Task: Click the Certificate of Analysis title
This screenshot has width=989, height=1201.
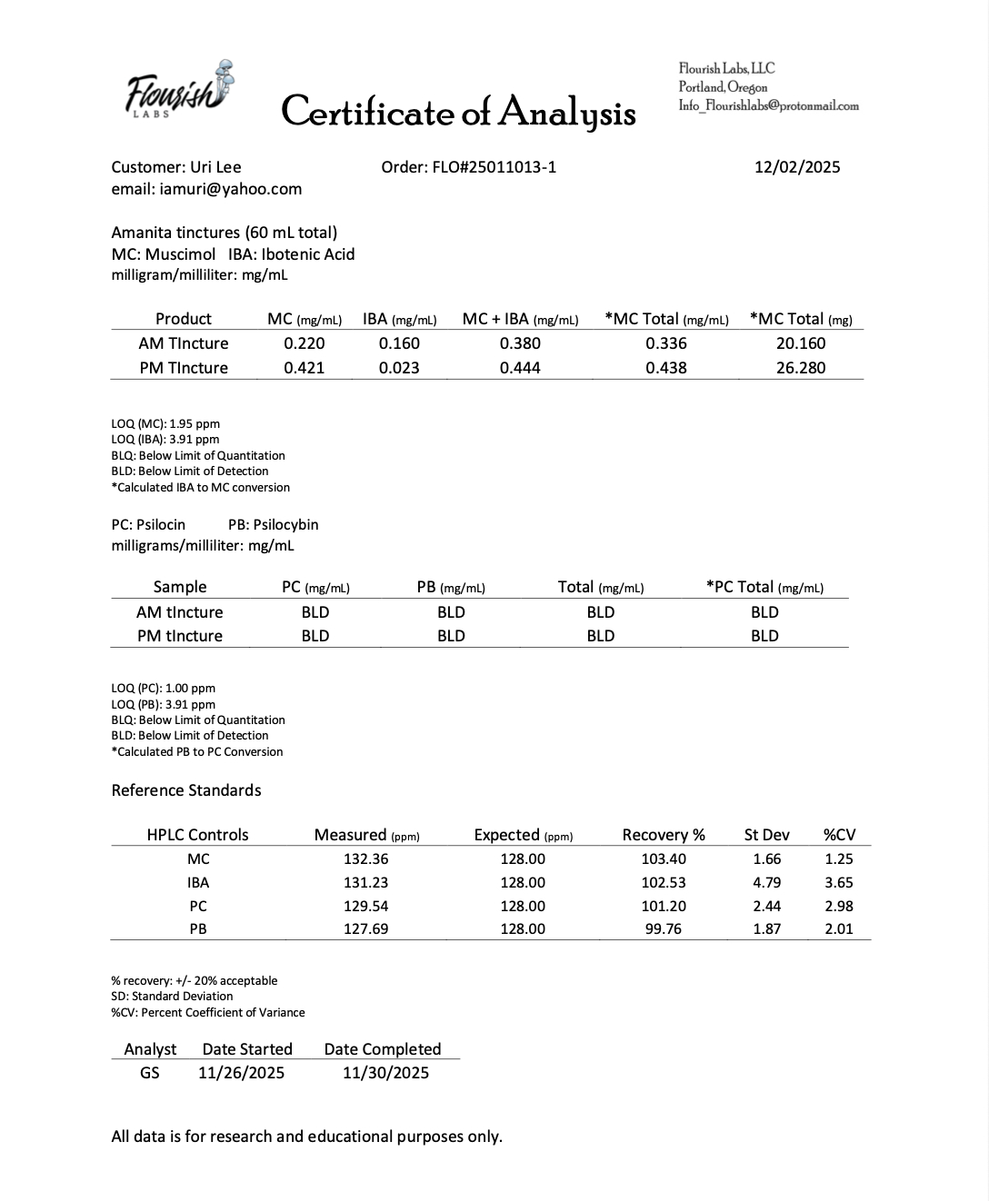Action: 458,112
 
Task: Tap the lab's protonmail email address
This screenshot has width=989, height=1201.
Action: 768,105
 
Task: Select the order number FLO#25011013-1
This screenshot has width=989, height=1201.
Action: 469,167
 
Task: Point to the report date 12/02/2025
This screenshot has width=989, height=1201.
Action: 797,167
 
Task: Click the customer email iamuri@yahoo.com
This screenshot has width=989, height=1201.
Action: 206,189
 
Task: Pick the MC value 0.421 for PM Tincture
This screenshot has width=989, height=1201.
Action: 305,368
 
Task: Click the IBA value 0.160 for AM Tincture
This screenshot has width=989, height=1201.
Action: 399,343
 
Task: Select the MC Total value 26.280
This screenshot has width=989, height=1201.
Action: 801,368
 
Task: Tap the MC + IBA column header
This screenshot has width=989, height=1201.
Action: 520,319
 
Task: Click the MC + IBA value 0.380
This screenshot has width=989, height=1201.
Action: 520,343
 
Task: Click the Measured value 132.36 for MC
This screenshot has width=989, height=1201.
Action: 366,859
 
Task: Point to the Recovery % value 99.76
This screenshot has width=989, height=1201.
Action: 664,928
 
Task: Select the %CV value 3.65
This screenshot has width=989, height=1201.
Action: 838,882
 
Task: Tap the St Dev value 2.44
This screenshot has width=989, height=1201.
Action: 766,906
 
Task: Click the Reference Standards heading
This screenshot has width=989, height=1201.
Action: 186,790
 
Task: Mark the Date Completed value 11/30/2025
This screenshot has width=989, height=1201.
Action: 385,1073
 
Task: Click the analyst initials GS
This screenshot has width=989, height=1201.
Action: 150,1073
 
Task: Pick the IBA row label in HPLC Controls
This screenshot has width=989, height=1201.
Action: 198,882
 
